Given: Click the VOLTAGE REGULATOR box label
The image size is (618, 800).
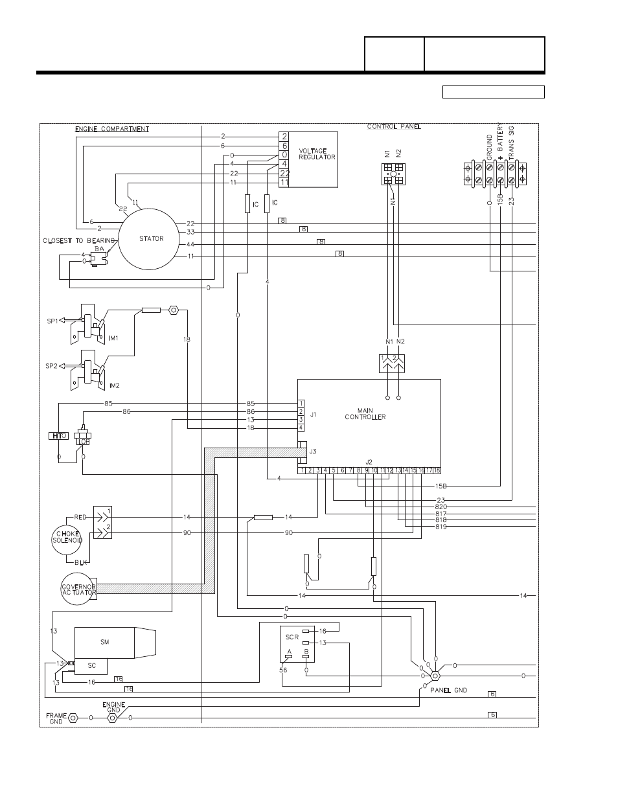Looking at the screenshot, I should pos(317,154).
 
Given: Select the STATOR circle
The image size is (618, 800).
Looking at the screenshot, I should pos(151,239).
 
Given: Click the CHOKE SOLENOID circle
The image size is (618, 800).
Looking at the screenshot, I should pos(67,537).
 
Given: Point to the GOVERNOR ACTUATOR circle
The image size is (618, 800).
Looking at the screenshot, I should pos(78,589).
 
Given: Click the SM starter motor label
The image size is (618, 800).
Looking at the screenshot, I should pos(104,641).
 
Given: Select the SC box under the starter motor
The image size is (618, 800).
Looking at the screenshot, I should pos(91,666).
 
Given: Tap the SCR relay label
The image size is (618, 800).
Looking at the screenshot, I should pos(292,637).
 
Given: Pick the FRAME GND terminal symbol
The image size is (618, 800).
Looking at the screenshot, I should pos(73,718).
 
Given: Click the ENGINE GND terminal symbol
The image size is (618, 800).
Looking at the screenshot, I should pos(111,718).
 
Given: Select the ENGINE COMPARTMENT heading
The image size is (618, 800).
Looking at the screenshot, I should pos(111,129).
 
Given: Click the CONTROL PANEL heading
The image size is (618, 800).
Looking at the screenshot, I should pos(394,126).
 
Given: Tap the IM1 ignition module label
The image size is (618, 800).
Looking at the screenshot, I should pos(113,338).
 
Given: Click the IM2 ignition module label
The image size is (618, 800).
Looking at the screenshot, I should pos(114,385).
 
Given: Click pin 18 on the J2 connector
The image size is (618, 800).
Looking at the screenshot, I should pos(437,470).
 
